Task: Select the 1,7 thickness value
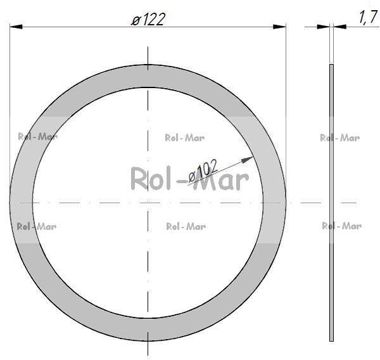[x=368, y=18]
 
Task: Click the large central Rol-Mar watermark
[x=189, y=180]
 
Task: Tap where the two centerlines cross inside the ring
[x=148, y=203]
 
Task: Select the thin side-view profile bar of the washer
[x=331, y=203]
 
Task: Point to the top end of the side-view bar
[x=331, y=65]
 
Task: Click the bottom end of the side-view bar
[x=331, y=340]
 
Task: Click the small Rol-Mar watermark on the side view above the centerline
[x=340, y=138]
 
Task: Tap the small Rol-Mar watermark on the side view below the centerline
[x=341, y=226]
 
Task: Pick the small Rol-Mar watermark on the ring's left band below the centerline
[x=36, y=226]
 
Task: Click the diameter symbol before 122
[x=135, y=20]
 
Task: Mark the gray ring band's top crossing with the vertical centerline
[x=148, y=75]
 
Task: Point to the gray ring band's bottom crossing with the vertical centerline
[x=148, y=329]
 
